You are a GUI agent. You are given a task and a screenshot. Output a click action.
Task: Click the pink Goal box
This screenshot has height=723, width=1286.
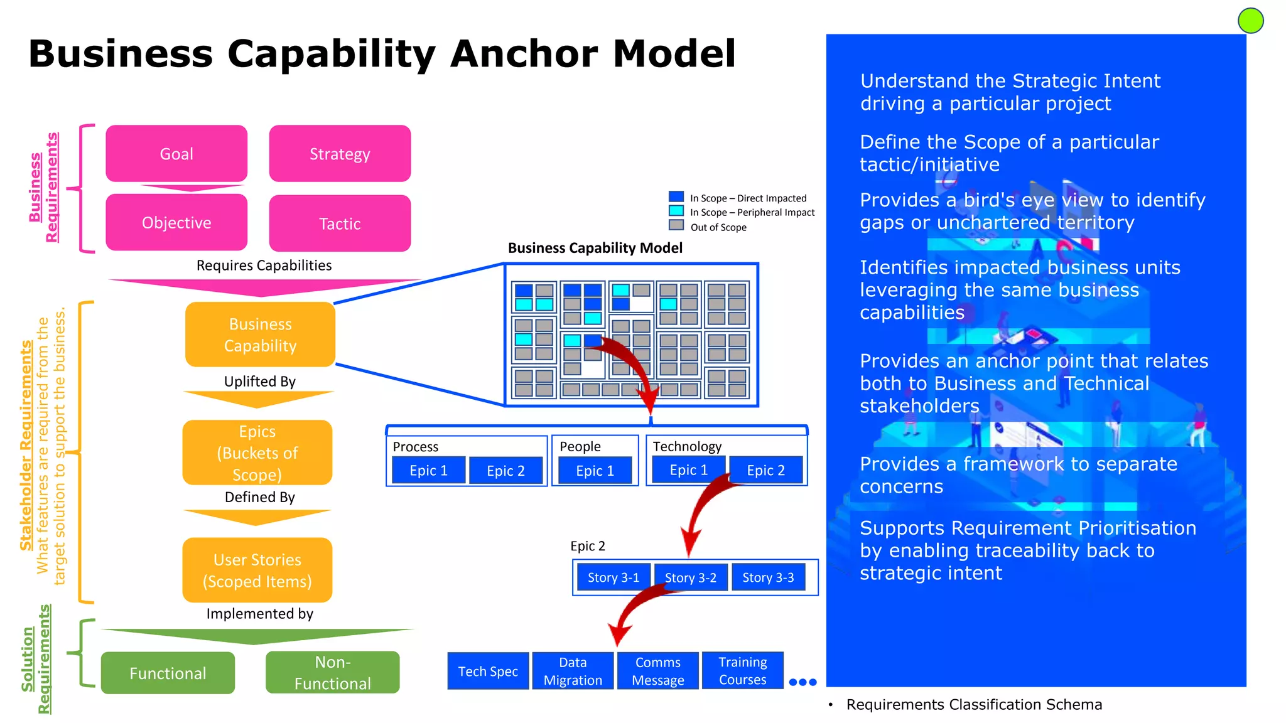176,154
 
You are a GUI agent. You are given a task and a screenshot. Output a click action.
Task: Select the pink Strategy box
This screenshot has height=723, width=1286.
340,154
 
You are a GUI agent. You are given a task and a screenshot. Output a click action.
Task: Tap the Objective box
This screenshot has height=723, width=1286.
176,223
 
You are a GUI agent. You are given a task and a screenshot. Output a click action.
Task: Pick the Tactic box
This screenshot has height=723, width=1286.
340,223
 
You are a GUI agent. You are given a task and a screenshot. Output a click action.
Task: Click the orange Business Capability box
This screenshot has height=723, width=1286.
260,335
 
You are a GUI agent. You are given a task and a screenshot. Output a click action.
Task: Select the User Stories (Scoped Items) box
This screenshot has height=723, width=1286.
257,570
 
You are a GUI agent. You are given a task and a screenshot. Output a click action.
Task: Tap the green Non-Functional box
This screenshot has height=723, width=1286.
332,672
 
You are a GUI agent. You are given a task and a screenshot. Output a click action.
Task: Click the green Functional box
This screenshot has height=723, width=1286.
168,673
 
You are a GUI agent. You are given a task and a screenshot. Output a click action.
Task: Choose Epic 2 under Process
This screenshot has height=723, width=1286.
505,471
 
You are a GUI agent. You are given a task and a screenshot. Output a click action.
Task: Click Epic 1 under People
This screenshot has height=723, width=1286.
595,471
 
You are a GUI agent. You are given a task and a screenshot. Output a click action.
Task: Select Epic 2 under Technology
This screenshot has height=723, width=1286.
765,470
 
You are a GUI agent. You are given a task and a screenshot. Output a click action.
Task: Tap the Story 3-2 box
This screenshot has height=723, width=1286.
690,577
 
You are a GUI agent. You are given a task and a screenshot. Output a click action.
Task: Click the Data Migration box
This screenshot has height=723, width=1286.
573,671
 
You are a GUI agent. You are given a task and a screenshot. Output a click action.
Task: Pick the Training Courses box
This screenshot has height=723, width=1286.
742,670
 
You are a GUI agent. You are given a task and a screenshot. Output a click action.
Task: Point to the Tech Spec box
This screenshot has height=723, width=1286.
488,671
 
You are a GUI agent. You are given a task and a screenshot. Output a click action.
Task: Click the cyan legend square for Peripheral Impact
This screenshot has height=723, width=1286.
676,211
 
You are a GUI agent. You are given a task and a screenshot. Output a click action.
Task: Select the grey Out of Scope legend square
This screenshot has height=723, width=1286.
676,225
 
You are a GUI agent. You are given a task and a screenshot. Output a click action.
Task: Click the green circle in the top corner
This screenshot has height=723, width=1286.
1250,21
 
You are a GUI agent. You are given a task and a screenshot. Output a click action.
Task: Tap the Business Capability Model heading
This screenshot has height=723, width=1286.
595,248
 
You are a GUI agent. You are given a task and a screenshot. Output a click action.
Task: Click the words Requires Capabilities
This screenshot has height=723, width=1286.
264,265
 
